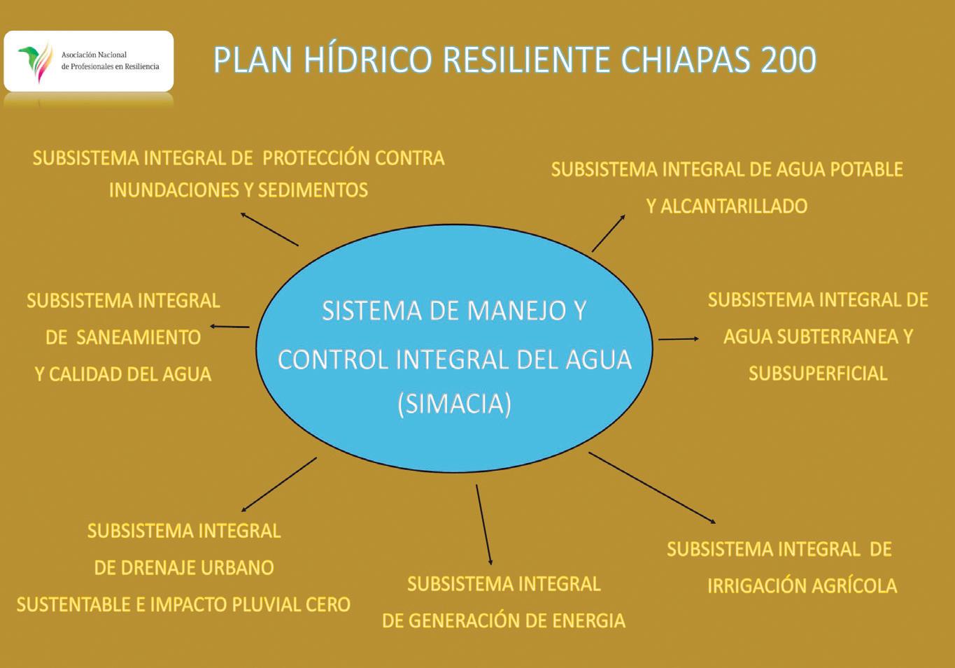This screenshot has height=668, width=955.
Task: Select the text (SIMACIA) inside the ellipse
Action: click(454, 404)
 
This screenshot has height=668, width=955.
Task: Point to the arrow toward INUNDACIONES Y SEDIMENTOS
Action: click(269, 229)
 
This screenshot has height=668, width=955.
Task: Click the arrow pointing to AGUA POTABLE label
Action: click(609, 233)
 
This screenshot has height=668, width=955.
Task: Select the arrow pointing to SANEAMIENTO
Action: click(229, 327)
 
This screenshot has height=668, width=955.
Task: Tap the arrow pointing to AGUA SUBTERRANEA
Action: click(678, 339)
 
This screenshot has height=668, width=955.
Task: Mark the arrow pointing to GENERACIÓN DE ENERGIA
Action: click(483, 524)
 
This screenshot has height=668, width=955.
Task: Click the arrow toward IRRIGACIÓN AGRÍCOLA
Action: click(651, 488)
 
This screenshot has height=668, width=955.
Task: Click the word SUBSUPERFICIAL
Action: click(818, 374)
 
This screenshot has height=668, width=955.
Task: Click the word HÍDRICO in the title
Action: click(367, 60)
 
